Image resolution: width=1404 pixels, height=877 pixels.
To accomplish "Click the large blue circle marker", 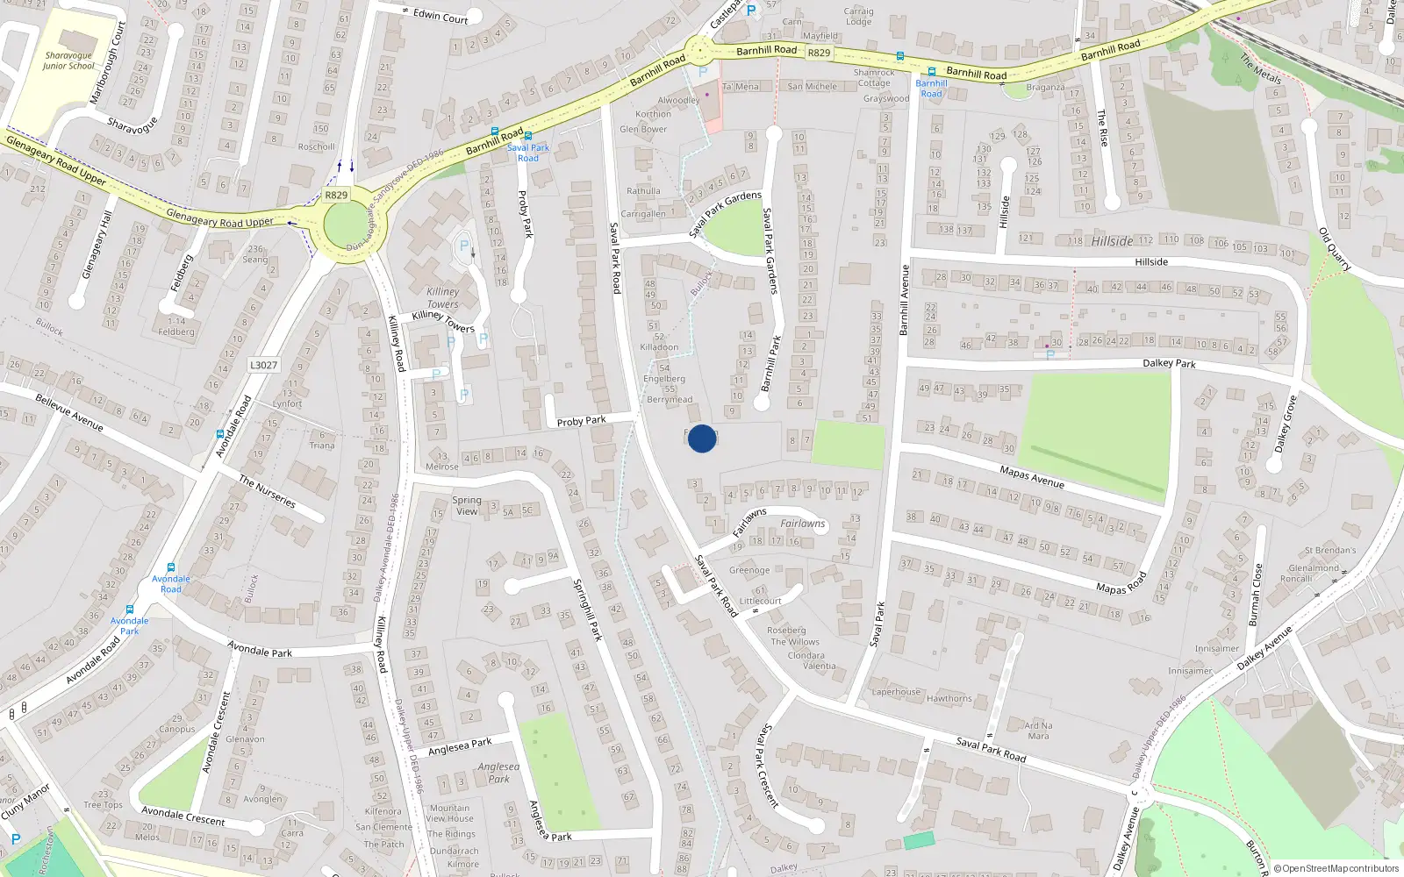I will (701, 438).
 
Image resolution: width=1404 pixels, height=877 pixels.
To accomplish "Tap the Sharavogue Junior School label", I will (68, 61).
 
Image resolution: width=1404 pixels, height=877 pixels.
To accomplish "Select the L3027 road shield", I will (263, 365).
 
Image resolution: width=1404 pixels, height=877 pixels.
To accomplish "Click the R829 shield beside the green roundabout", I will (335, 195).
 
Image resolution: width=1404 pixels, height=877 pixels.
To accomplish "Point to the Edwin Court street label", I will (441, 16).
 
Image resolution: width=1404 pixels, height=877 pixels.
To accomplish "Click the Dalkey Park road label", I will (1169, 363).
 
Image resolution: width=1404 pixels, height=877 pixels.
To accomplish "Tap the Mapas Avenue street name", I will (1032, 477).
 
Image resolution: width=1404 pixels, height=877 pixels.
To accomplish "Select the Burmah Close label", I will (1257, 595).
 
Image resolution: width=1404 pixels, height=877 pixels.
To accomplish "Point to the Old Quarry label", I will (1335, 249).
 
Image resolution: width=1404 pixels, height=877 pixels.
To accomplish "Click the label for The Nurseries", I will (268, 491).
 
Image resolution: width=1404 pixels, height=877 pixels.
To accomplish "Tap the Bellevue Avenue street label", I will (69, 412).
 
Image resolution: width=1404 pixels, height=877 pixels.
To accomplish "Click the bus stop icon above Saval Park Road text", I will (527, 137).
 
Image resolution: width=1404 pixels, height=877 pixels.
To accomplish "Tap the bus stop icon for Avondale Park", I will (130, 610).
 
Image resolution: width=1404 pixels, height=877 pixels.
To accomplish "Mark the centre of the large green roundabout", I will (355, 225).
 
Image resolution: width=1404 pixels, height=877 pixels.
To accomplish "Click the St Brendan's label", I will (1329, 551).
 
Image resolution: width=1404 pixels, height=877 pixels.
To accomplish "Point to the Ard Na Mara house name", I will (1038, 731).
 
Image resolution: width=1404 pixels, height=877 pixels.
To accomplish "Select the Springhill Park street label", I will (587, 610).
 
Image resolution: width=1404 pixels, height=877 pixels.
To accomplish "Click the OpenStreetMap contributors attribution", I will (1336, 868).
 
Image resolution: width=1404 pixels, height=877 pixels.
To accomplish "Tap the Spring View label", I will (467, 505).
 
